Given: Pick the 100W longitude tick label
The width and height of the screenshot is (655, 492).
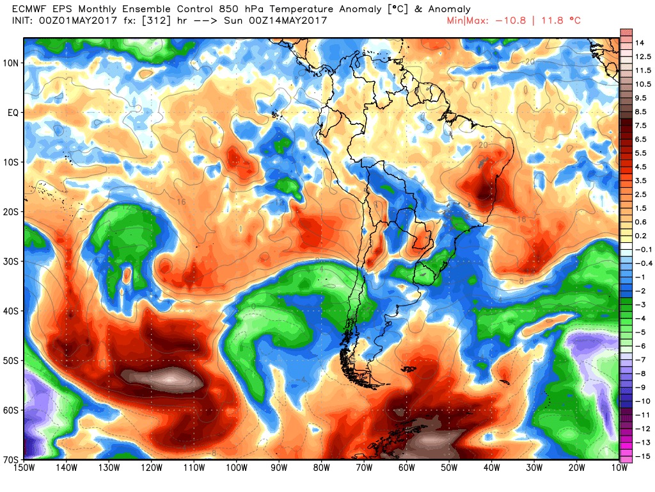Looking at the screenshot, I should pyautogui.click(x=236, y=469).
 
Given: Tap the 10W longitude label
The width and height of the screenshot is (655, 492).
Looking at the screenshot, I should pyautogui.click(x=619, y=469).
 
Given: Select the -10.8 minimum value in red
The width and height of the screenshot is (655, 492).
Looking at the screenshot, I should pyautogui.click(x=511, y=20).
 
